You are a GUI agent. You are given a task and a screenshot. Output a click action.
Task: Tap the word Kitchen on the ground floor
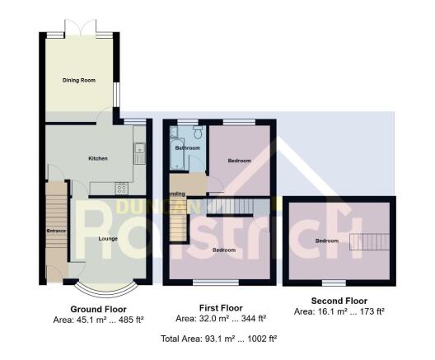pos(99,158)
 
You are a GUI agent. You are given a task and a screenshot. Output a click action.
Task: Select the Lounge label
pos(108,238)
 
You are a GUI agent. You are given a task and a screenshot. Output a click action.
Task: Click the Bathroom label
pos(187,148)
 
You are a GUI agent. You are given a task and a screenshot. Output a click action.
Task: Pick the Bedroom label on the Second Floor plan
pos(327,241)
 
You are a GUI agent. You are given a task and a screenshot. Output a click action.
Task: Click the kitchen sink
pos(139,149)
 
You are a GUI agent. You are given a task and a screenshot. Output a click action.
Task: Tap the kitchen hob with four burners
pos(121,187)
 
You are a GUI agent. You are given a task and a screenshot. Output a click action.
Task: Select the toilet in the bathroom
pos(198,131)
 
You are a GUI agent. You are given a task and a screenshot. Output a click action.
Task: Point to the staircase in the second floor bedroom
pos(368,241)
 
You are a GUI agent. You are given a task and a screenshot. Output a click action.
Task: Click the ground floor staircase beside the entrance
pos(56,210)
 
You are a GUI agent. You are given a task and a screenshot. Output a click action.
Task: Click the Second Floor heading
pos(339,301)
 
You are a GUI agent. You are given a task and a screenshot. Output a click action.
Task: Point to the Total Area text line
pos(218,339)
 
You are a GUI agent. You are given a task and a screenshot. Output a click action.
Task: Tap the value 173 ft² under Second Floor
pos(372,311)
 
